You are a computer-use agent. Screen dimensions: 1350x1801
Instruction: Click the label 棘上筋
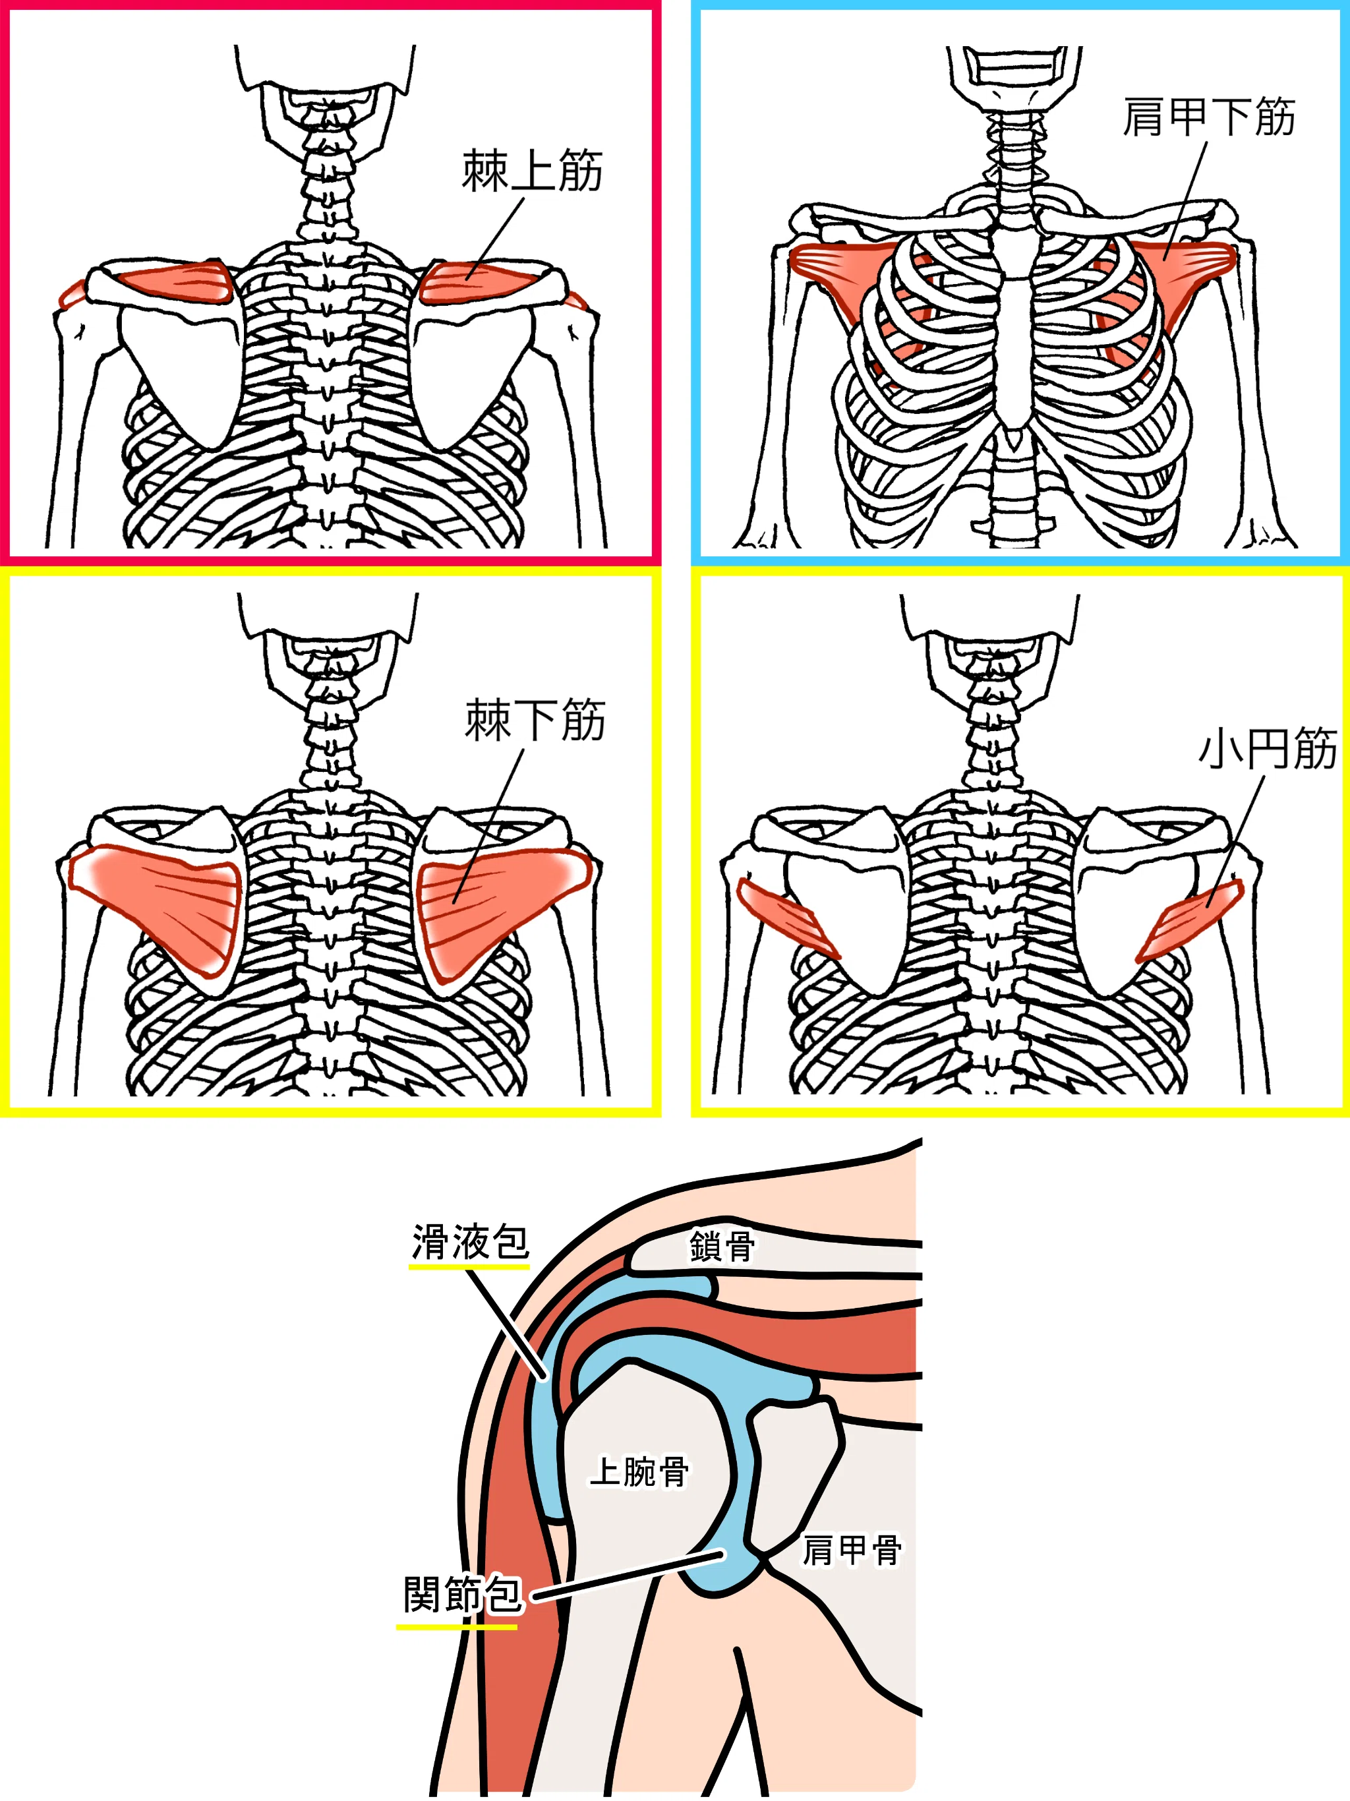[x=533, y=171]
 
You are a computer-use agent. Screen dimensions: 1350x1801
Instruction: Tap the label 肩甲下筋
[x=1208, y=117]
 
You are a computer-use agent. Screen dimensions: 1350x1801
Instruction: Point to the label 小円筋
[x=1267, y=748]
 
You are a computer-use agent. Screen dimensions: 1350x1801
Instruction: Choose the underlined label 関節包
[x=461, y=1593]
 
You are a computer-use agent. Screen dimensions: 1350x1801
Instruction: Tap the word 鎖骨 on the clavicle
[x=721, y=1247]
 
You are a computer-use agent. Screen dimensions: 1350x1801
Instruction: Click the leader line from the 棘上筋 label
[x=495, y=238]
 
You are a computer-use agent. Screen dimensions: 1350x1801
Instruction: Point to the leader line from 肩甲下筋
[x=1185, y=200]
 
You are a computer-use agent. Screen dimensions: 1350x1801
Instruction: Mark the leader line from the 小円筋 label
[x=1236, y=842]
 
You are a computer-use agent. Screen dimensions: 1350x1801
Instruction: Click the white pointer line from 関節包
[x=628, y=1577]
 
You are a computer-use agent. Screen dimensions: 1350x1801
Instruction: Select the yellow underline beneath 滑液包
[x=469, y=1267]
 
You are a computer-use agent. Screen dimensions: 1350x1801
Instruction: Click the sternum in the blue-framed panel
[x=1013, y=326]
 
